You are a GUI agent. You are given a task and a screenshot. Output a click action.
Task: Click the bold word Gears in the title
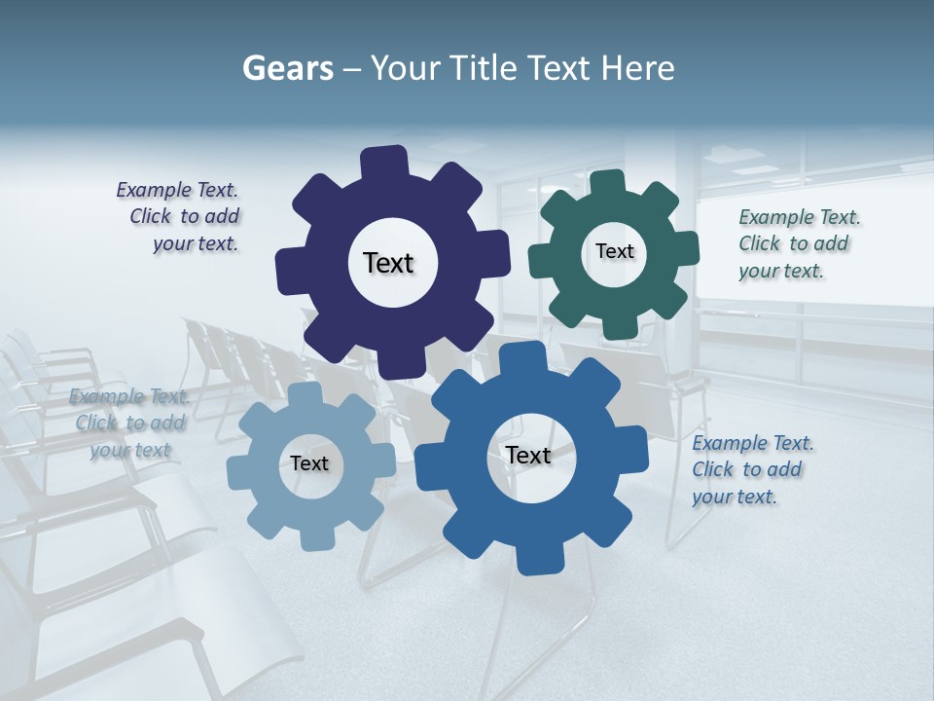287,68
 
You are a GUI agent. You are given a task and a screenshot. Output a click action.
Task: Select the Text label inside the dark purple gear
388,263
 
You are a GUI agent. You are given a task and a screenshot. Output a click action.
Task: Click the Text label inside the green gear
614,251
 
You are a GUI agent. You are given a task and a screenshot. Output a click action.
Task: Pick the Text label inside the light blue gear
308,463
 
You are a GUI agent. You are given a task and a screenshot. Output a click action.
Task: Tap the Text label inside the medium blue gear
528,455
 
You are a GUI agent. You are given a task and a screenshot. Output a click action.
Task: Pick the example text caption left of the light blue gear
129,423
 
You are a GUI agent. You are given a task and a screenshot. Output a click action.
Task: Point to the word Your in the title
407,68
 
